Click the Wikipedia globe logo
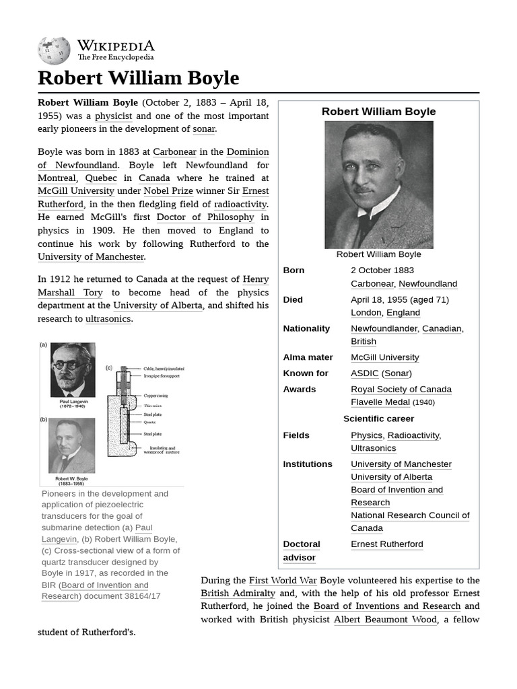(55, 50)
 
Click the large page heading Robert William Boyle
(138, 78)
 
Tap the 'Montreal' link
(57, 178)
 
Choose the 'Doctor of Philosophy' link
(205, 217)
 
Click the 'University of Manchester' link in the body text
(91, 256)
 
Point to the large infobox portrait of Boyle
(378, 185)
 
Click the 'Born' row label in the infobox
(294, 270)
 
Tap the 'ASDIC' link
(364, 373)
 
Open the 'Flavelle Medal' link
(380, 402)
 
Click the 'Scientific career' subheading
(378, 419)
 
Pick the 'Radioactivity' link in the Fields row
(413, 435)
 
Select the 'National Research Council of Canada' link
(410, 521)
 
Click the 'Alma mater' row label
(308, 357)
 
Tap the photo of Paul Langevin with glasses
(73, 370)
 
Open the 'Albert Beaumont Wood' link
(385, 619)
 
